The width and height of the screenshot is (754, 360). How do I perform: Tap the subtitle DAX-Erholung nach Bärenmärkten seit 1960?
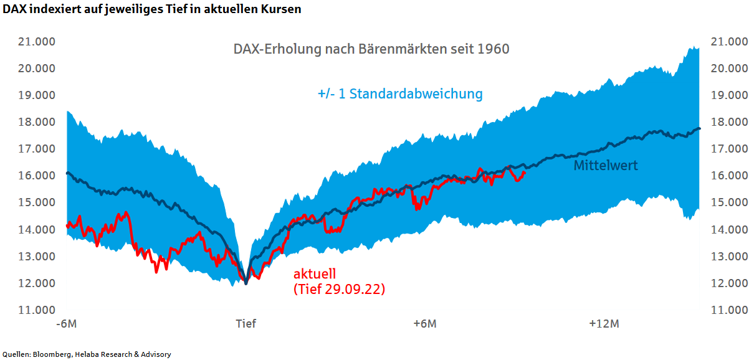[371, 49]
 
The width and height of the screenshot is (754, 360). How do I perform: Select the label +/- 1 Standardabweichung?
[400, 94]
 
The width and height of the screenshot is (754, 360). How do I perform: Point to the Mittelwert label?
[606, 166]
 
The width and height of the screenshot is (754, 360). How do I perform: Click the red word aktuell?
[315, 274]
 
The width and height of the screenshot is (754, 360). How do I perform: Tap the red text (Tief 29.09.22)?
[338, 289]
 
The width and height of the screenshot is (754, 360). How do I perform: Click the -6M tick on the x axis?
[67, 324]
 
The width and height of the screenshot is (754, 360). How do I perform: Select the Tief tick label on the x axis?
[246, 324]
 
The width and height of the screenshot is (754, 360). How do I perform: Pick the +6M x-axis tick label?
[424, 324]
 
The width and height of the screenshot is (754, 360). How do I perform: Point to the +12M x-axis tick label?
[604, 324]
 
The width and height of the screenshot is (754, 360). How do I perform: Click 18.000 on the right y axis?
[729, 122]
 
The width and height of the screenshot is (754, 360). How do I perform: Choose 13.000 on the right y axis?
[729, 257]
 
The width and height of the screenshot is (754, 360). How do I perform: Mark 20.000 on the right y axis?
[729, 69]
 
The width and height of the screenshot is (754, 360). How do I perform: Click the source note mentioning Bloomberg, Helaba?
[87, 354]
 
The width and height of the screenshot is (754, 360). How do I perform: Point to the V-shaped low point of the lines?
[246, 283]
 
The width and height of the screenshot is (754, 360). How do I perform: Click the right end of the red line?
[525, 173]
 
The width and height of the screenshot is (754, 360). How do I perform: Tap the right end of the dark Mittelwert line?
[699, 128]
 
